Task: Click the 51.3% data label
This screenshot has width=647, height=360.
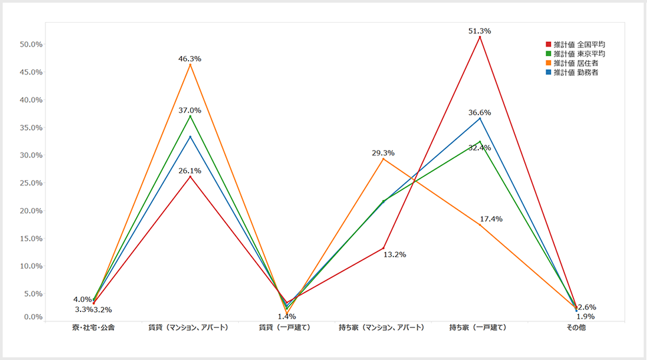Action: (x=480, y=31)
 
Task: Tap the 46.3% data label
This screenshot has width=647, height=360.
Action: (x=190, y=59)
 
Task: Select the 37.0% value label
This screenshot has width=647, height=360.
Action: (x=190, y=111)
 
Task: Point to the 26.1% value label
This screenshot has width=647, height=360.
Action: (x=190, y=171)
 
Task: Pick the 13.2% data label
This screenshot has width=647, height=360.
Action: (x=395, y=255)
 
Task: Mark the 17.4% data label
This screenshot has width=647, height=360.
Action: (x=492, y=219)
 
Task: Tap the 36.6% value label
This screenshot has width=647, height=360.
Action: (x=480, y=113)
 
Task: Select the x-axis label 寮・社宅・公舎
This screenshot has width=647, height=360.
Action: (x=93, y=328)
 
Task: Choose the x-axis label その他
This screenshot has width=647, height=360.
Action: (x=576, y=328)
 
